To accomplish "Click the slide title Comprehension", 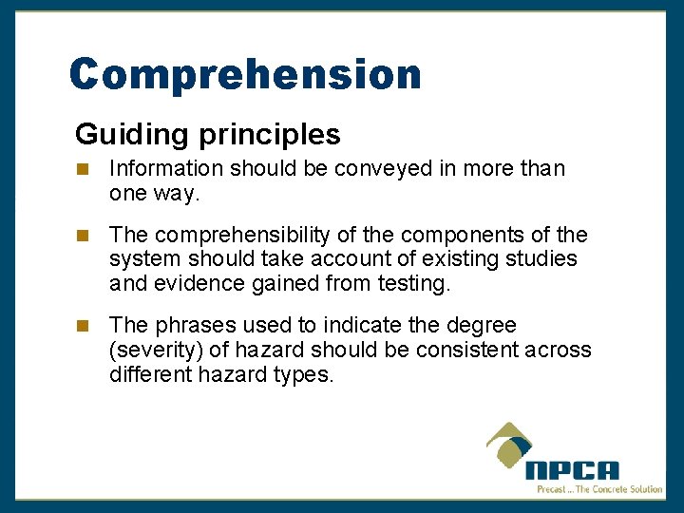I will (x=245, y=75).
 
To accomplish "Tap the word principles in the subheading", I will (x=270, y=135).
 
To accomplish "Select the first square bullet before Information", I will (x=83, y=169).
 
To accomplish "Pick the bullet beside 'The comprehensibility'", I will (x=83, y=235).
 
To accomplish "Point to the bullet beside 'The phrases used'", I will (x=83, y=326).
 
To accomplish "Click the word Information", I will (x=165, y=169).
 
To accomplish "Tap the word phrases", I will (x=195, y=326).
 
